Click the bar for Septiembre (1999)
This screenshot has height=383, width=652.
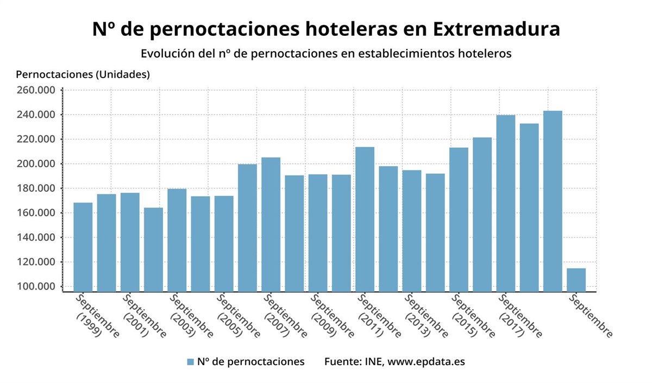click(83, 247)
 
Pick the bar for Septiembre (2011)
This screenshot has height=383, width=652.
click(365, 219)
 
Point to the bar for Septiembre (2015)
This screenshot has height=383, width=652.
click(459, 219)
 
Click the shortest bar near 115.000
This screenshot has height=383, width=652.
click(576, 280)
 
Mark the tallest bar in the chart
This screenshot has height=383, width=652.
click(553, 201)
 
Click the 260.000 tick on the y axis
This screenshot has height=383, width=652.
click(36, 90)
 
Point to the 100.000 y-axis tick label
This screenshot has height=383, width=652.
click(36, 287)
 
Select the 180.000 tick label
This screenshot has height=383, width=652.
click(36, 189)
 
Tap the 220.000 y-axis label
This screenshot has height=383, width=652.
click(36, 139)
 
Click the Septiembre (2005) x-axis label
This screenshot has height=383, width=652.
click(237, 317)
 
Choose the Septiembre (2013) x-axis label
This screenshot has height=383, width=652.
click(425, 317)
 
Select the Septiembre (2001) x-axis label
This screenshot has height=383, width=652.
click(143, 317)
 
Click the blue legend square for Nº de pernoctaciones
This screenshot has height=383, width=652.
click(190, 362)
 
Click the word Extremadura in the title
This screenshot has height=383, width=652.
click(497, 28)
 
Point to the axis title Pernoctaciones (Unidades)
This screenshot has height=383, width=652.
click(83, 74)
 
